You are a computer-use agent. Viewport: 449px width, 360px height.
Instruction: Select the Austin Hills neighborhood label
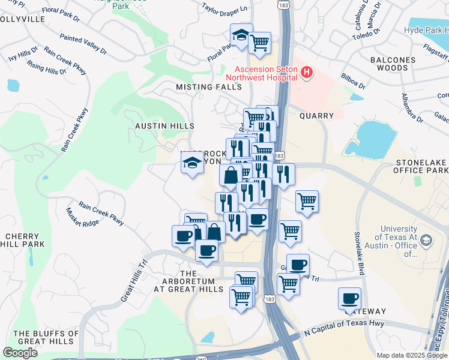click(x=164, y=126)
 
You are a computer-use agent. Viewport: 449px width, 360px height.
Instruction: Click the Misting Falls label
click(x=208, y=87)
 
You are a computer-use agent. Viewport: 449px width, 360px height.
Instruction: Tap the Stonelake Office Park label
click(x=422, y=167)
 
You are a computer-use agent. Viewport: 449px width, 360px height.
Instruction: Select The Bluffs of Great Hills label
click(x=46, y=338)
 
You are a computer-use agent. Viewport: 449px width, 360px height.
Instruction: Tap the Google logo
click(x=20, y=353)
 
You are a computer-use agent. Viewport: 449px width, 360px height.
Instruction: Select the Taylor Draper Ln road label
click(x=224, y=9)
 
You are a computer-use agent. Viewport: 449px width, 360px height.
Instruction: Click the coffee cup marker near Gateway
click(x=349, y=298)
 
